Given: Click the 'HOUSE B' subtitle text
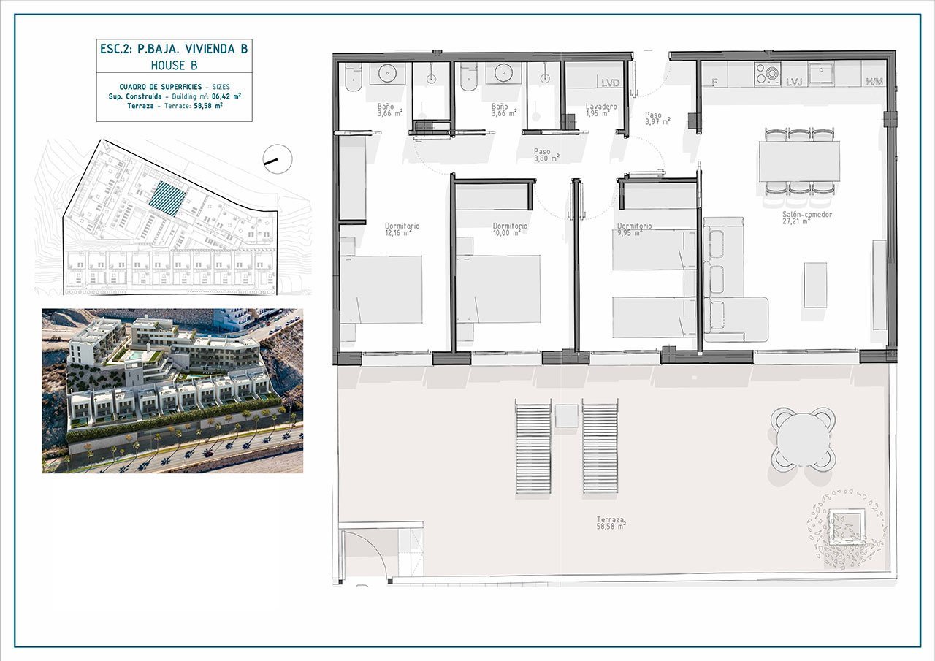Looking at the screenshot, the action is tap(174, 66).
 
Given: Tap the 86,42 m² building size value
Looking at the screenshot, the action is tap(226, 96).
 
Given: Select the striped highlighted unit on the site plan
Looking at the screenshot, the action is tap(167, 199).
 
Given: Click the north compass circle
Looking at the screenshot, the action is tap(278, 159).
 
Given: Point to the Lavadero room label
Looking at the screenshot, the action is tap(601, 107).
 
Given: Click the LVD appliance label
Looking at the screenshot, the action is tap(610, 83).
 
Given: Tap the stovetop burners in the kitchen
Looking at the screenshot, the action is tap(768, 74).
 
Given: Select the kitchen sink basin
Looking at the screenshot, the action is tap(821, 74).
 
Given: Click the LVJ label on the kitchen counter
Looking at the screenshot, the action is tap(794, 83).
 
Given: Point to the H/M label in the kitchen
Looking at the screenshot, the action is tap(874, 82).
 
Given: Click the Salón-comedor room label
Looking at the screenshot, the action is tap(807, 215).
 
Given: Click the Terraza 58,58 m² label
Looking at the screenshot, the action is tap(611, 523).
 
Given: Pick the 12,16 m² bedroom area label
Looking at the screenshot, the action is tap(398, 233).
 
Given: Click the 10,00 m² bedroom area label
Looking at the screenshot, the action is tap(506, 233).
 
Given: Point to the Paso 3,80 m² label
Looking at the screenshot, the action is tap(546, 155).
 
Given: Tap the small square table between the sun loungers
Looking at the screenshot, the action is tap(566, 416).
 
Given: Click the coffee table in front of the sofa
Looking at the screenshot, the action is tap(816, 285).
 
